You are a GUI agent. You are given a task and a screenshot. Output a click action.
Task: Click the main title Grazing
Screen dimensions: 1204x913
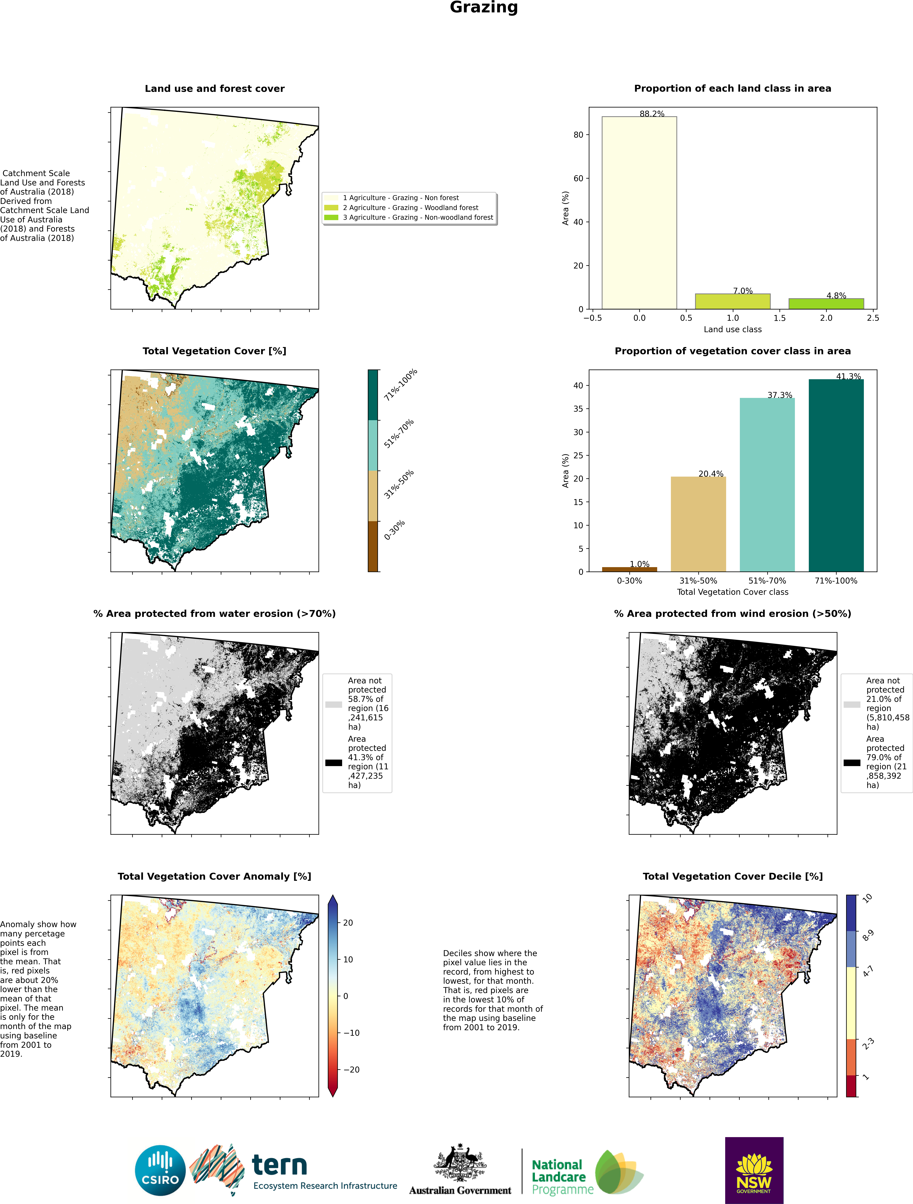coord(483,8)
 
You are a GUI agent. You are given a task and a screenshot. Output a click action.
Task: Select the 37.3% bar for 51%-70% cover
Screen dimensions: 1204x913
coord(767,484)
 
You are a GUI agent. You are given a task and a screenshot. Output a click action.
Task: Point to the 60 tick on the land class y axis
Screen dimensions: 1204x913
coord(578,179)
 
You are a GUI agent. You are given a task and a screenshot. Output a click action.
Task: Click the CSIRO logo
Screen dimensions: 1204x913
coord(161,1170)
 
